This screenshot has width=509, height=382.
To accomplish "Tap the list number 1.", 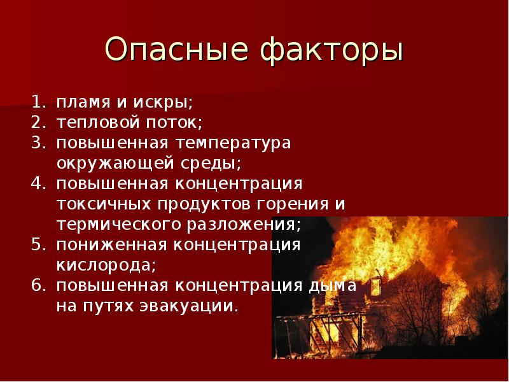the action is [x=38, y=102].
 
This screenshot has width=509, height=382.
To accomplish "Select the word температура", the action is [x=233, y=145].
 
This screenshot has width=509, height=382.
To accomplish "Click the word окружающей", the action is [x=116, y=164].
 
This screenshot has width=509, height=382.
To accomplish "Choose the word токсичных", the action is [x=104, y=204].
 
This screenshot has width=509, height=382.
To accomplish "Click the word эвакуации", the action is [x=184, y=306].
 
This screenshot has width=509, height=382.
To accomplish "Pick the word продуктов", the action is [x=206, y=205].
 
